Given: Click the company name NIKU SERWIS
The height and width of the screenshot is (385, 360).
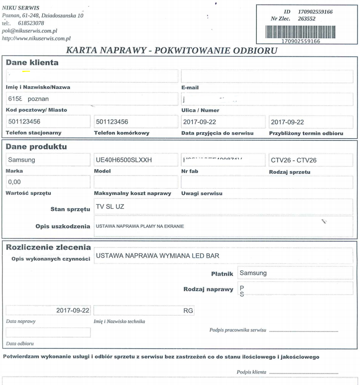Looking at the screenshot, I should point(21,8).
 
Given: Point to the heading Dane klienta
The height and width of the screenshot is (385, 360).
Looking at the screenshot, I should point(32,63).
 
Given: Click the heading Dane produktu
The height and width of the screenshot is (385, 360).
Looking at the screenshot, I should point(36,147).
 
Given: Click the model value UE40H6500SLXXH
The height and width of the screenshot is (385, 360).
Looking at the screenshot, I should point(124,160).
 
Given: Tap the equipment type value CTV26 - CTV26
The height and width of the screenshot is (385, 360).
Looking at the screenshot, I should point(293,160).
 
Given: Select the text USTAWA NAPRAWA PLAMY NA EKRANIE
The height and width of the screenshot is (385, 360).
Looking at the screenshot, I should point(140,226).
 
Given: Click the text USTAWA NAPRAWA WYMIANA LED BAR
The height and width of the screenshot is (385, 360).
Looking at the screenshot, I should point(157,256).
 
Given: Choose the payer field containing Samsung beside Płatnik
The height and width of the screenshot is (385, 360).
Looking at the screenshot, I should point(253,273).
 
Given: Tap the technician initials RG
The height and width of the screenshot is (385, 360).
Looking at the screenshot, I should point(188,310).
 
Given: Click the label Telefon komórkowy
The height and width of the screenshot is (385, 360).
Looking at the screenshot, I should point(122,133).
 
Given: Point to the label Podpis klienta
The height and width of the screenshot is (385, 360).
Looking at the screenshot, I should point(252,372).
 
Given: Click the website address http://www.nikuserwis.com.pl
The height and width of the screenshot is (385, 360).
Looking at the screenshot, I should point(37,38).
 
